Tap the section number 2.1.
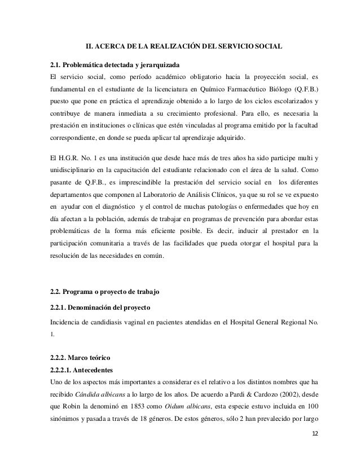(x=58, y=63)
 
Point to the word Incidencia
(x=67, y=322)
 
